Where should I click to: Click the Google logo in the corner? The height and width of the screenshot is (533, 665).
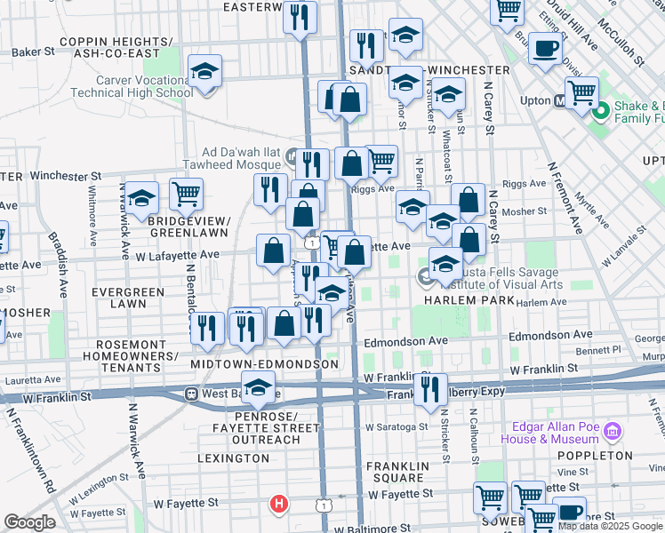29,522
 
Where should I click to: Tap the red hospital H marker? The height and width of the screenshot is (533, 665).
279,505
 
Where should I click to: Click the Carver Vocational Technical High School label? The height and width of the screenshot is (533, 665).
131,85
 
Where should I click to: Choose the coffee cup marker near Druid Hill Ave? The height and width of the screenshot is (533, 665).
545,48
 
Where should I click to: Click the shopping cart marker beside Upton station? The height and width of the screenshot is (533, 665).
581,91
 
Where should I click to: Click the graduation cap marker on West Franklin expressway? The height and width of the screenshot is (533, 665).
259,387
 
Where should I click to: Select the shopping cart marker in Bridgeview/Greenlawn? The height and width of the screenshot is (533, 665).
186,193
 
